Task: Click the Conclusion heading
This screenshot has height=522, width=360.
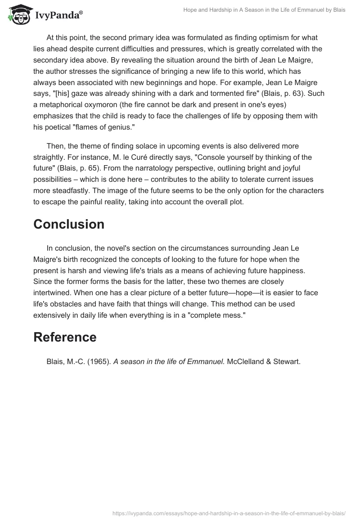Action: pyautogui.click(x=69, y=225)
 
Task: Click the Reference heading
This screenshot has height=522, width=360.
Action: pyautogui.click(x=65, y=337)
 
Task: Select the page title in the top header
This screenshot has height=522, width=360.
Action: pyautogui.click(x=264, y=10)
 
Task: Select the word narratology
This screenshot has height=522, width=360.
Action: pyautogui.click(x=137, y=168)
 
